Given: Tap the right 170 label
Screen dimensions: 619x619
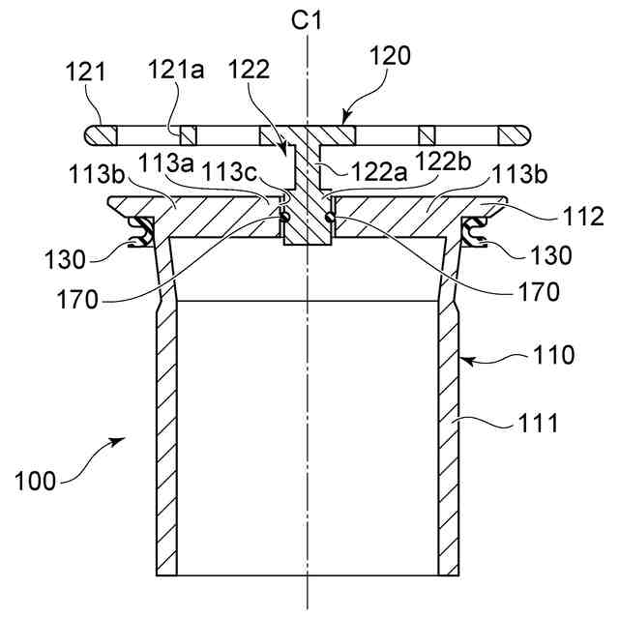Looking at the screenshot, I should pos(539,291).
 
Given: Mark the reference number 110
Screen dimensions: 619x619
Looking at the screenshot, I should pos(554,355).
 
